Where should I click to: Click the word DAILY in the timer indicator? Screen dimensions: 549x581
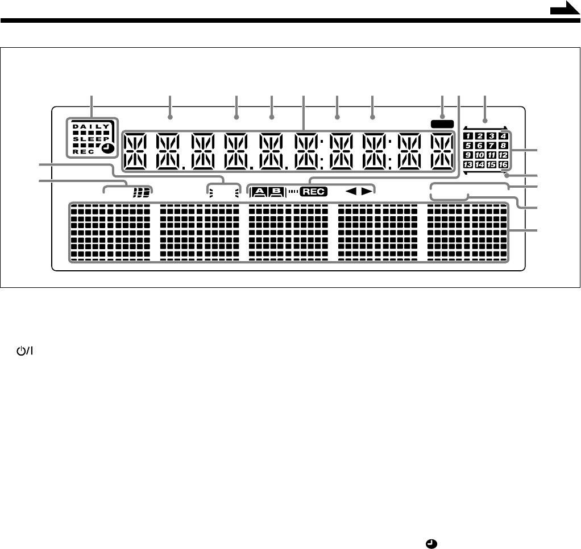click(x=88, y=126)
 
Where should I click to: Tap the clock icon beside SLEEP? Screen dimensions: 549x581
click(x=108, y=149)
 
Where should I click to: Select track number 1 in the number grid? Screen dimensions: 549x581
click(x=468, y=136)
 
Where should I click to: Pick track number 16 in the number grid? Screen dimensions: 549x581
click(x=503, y=165)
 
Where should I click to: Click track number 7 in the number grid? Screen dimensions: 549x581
click(x=492, y=146)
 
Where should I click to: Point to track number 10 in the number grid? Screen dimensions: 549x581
click(x=480, y=155)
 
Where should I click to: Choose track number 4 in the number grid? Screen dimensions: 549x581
click(x=503, y=136)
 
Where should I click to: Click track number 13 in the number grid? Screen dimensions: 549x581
click(x=468, y=165)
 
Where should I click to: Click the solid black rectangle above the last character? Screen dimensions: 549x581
click(x=442, y=123)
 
